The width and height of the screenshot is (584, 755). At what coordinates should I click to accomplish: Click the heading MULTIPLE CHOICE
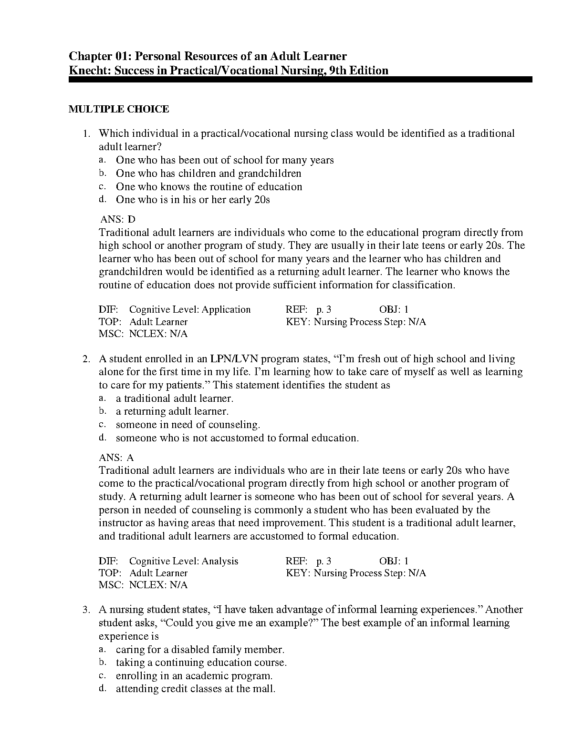tap(119, 109)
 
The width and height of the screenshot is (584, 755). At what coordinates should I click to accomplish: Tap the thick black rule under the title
tap(300, 80)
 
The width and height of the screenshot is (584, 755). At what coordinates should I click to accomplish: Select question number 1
tap(86, 133)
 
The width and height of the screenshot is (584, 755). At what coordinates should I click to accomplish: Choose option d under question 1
tap(193, 200)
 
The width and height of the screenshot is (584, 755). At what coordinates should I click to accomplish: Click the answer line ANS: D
tap(118, 219)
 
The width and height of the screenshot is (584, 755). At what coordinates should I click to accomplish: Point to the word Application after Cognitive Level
tap(226, 309)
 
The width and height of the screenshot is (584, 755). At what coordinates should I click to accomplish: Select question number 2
tap(86, 359)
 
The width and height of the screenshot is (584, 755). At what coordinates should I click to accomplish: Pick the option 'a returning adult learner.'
tap(172, 411)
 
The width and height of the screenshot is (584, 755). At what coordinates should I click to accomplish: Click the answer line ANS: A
tap(116, 458)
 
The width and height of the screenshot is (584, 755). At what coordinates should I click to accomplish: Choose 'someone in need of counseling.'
tap(188, 425)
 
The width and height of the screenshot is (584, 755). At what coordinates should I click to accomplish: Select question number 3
tap(86, 610)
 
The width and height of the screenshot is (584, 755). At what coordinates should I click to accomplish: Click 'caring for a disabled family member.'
tap(200, 650)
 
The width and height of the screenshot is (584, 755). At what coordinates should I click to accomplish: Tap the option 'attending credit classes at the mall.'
tap(196, 689)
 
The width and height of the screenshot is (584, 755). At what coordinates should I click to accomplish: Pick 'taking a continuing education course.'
tap(201, 663)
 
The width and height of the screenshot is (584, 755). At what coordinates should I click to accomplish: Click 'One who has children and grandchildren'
tap(209, 173)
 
